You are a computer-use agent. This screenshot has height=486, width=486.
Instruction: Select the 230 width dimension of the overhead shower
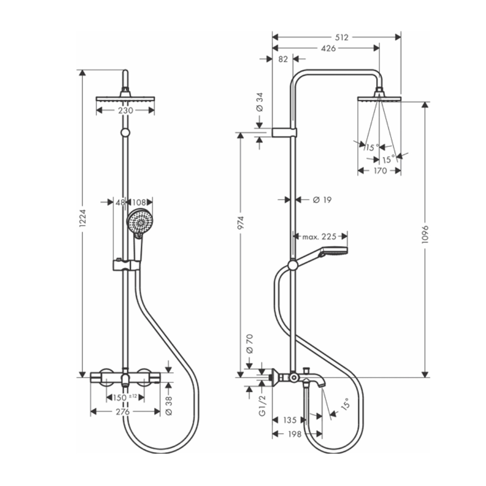pos(125,110)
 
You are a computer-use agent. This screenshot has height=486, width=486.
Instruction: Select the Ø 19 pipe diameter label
pos(322,199)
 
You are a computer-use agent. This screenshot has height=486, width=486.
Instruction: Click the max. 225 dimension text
pos(319,237)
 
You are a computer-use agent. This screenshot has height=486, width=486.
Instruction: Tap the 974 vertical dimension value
pos(241,223)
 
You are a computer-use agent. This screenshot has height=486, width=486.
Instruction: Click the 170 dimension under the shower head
pos(380,171)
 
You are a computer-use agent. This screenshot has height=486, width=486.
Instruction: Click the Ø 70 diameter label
pos(249,343)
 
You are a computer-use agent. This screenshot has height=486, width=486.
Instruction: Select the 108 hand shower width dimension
pos(140,202)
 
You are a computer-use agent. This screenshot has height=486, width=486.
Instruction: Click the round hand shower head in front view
pos(139,221)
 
